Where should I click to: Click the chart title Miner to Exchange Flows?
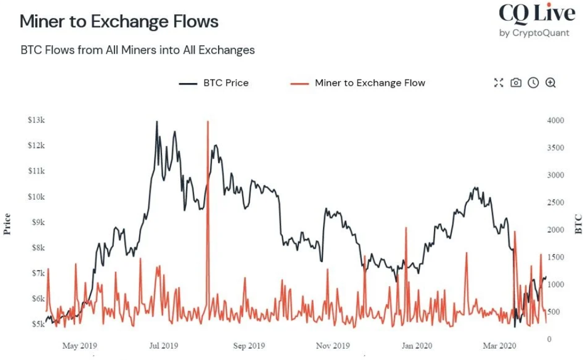[x=119, y=21]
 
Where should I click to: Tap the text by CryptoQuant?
[x=534, y=33]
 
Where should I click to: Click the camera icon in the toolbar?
[x=516, y=83]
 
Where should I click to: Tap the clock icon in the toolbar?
[x=533, y=83]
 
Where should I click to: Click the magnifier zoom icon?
[x=550, y=83]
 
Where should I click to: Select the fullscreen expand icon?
[x=499, y=83]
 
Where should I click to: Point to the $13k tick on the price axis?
[x=36, y=120]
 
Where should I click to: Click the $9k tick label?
[x=37, y=222]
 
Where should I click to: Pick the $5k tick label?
[x=37, y=324]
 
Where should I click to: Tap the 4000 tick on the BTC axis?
[x=555, y=121]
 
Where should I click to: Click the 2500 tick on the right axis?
[x=555, y=203]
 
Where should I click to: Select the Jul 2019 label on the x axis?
[x=164, y=346]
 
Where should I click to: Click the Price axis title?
[x=7, y=224]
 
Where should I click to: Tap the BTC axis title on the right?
[x=578, y=224]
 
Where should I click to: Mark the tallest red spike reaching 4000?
[x=207, y=123]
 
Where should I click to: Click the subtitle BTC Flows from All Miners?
[x=137, y=50]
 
